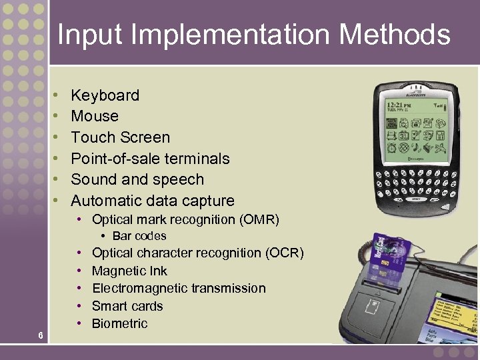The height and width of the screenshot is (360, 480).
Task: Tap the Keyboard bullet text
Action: pyautogui.click(x=105, y=95)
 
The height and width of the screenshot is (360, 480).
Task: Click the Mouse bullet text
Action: pyautogui.click(x=95, y=116)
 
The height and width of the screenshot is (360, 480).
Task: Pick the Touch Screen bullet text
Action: pyautogui.click(x=120, y=137)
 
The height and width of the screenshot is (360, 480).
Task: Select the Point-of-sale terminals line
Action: pyautogui.click(x=150, y=159)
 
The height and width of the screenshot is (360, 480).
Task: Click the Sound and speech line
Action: pyautogui.click(x=137, y=179)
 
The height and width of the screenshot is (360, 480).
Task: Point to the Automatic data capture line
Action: pyautogui.click(x=153, y=201)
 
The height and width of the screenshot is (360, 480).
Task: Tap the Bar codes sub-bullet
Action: pyautogui.click(x=139, y=236)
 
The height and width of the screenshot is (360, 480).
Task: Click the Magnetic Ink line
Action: pyautogui.click(x=129, y=271)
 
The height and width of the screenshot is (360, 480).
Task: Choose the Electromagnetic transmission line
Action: pyautogui.click(x=179, y=288)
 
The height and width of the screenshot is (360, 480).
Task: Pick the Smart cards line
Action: pyautogui.click(x=127, y=306)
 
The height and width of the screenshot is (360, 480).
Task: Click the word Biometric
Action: pyautogui.click(x=119, y=323)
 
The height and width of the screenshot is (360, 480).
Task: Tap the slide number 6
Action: pyautogui.click(x=41, y=335)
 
